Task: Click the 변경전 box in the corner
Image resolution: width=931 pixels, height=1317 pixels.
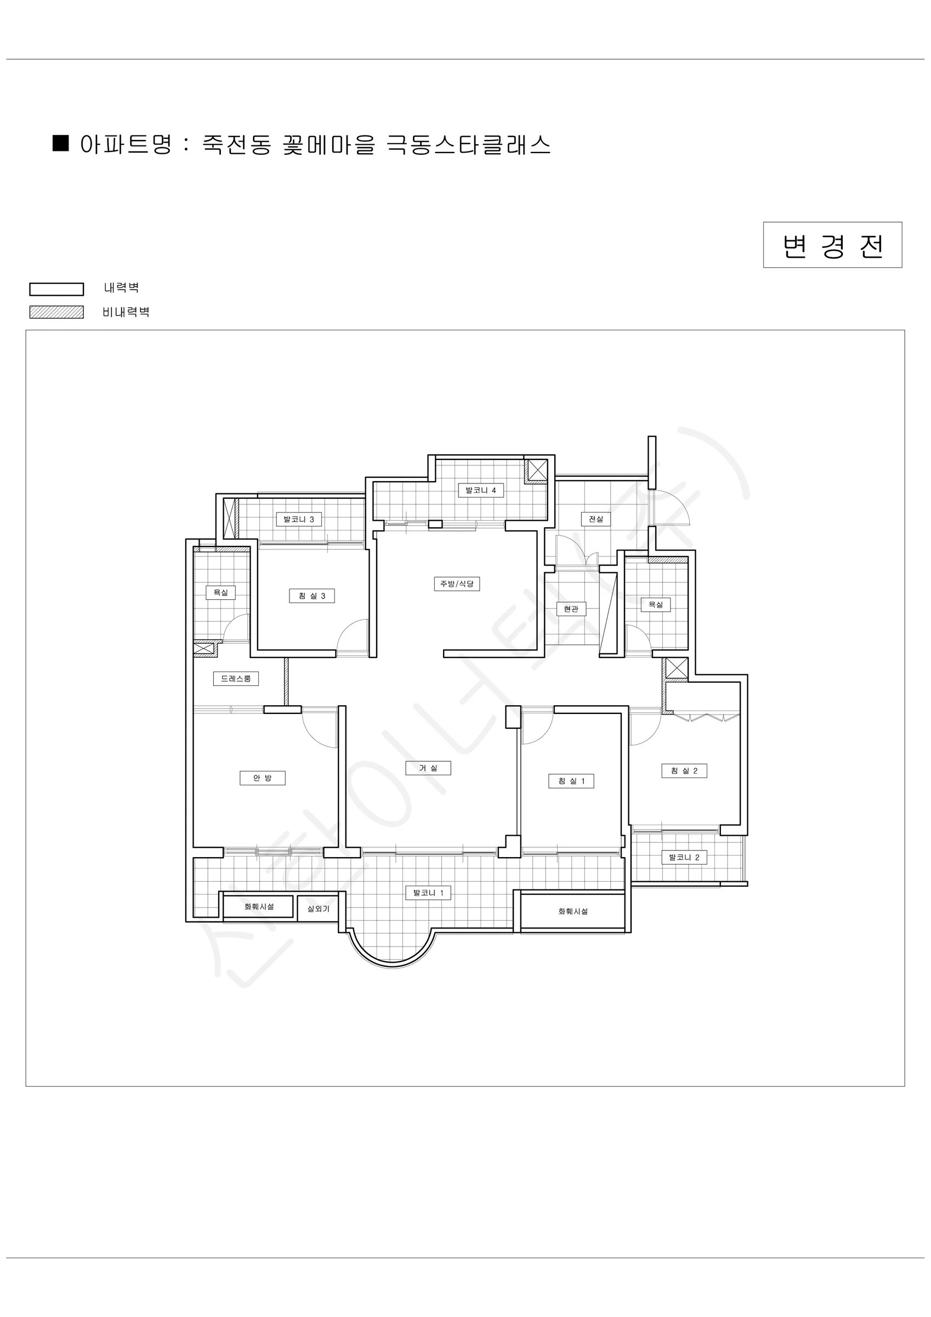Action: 832,245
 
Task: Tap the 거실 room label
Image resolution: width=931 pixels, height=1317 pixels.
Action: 428,768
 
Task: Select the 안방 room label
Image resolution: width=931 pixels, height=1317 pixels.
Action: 262,778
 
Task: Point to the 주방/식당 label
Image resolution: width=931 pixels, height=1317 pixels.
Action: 456,584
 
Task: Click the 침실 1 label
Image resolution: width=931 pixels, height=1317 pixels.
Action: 571,781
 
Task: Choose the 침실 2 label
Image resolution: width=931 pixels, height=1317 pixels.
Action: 684,771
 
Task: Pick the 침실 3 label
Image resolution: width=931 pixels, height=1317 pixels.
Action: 312,596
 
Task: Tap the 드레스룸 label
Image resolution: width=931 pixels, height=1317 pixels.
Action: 236,679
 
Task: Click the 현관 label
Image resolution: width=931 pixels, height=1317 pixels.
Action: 571,609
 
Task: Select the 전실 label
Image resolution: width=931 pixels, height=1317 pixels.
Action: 595,519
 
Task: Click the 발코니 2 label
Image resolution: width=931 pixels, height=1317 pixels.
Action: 684,858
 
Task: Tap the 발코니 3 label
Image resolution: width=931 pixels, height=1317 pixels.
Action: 299,520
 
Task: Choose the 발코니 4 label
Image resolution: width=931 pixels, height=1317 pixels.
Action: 480,491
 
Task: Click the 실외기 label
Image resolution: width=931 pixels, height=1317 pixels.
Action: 318,909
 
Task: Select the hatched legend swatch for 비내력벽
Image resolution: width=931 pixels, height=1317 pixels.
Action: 57,312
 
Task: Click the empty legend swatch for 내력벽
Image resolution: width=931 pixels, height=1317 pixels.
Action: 57,289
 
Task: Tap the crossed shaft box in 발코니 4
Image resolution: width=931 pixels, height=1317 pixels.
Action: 537,470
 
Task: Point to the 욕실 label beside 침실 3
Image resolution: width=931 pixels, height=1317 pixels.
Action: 221,593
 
